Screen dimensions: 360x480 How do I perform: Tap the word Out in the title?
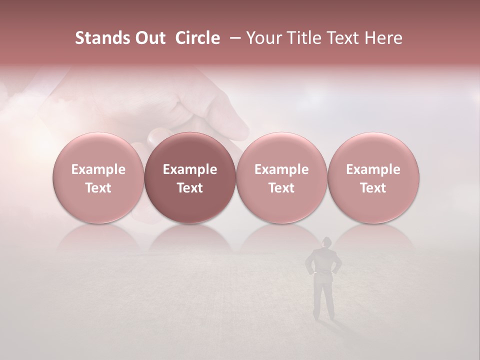pyautogui.click(x=148, y=38)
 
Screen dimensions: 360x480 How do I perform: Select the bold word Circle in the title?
pyautogui.click(x=197, y=38)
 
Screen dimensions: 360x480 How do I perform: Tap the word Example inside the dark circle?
pyautogui.click(x=190, y=169)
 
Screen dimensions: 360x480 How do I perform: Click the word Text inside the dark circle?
pyautogui.click(x=190, y=188)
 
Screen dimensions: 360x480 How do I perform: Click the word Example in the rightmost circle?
pyautogui.click(x=373, y=169)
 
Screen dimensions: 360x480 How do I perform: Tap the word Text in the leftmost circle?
pyautogui.click(x=98, y=188)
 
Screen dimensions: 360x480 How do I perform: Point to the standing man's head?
pyautogui.click(x=325, y=242)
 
